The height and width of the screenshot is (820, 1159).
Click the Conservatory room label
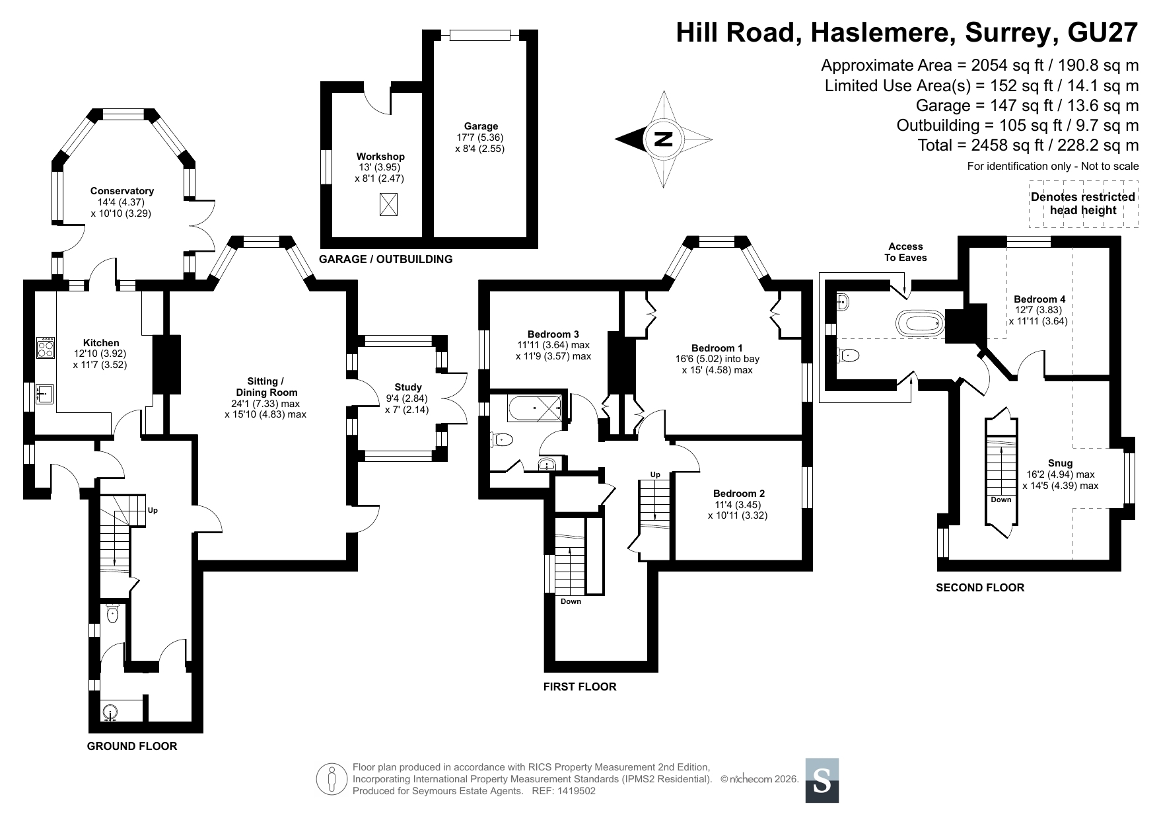point(122,192)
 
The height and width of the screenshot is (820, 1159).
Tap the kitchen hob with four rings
point(46,348)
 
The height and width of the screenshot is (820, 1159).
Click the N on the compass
point(663,139)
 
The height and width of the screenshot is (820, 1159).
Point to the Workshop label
point(380,157)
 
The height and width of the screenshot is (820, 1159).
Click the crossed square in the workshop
point(389,205)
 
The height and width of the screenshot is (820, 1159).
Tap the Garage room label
point(481,126)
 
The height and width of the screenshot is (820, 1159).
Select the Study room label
point(408,387)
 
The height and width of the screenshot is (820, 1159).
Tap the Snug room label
point(1060,463)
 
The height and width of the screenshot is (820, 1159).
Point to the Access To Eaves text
point(905,252)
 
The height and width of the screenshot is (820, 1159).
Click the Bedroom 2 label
point(739,493)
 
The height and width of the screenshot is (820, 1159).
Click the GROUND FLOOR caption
point(132,746)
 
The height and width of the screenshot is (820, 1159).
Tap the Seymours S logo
point(822,780)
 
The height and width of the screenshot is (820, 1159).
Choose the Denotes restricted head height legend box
point(1083,204)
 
